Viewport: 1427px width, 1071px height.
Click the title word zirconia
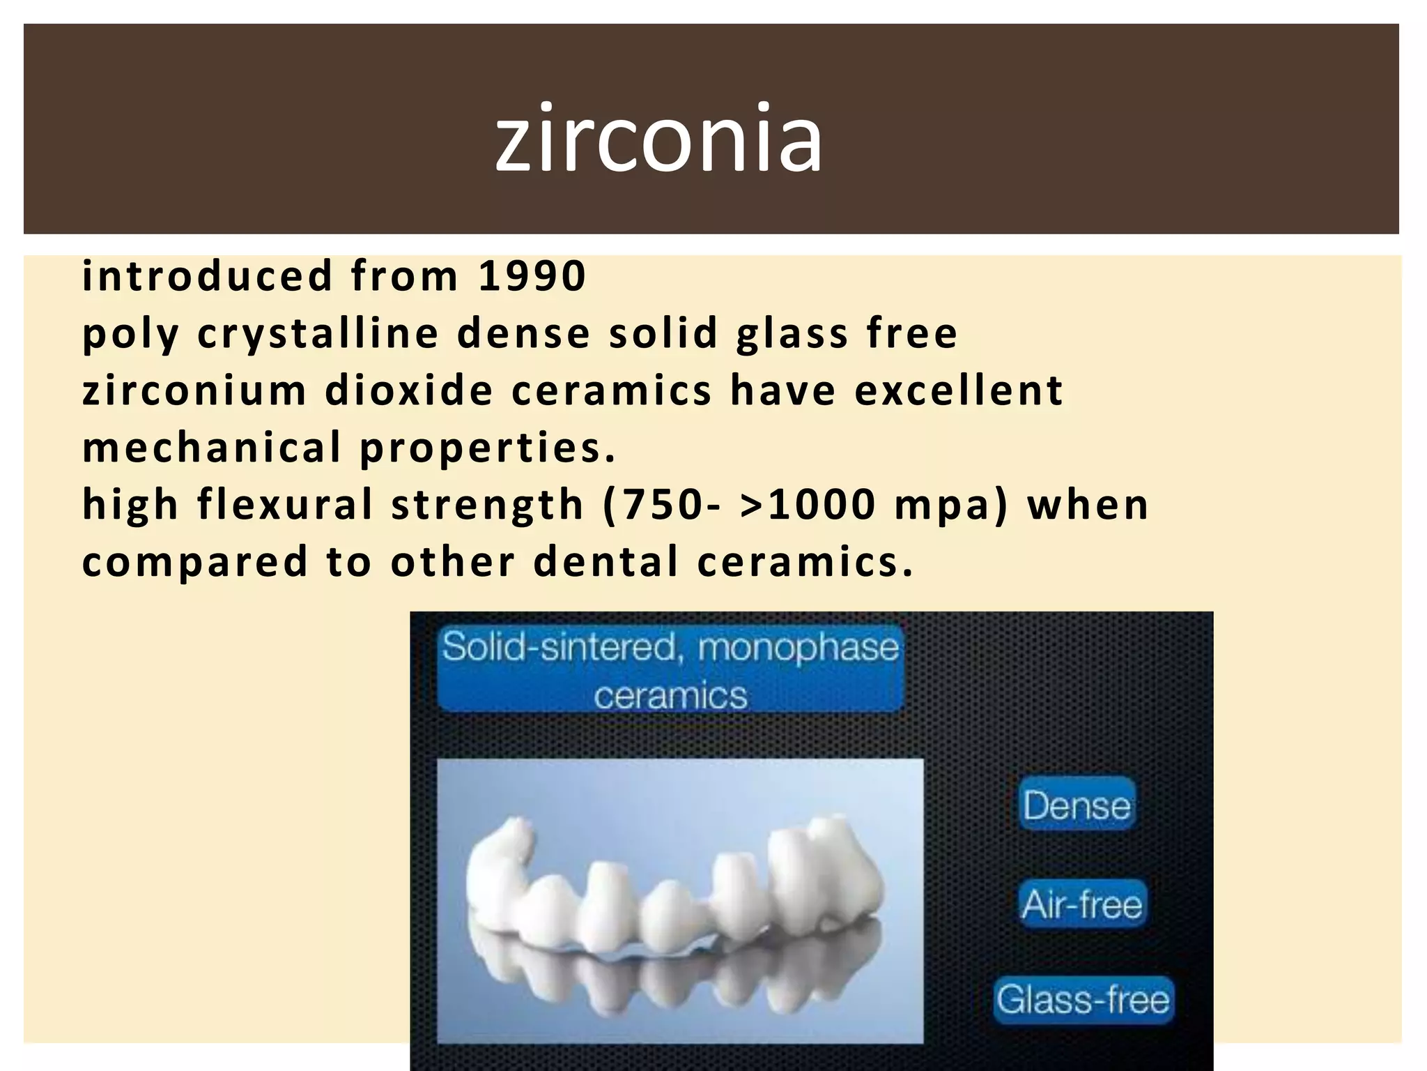click(x=658, y=137)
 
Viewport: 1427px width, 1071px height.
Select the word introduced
click(x=208, y=275)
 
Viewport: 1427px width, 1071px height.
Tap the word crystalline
click(x=318, y=333)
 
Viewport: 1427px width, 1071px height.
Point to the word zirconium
click(x=194, y=390)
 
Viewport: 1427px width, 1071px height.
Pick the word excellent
click(x=959, y=390)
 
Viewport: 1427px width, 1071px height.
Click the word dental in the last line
click(x=605, y=562)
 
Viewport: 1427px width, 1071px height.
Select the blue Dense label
click(x=1077, y=805)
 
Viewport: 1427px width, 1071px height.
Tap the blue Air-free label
click(x=1082, y=904)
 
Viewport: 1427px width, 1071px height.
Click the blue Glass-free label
click(x=1083, y=999)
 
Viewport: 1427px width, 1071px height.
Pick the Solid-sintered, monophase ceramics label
click(x=670, y=669)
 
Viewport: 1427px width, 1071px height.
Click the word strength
click(x=487, y=505)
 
